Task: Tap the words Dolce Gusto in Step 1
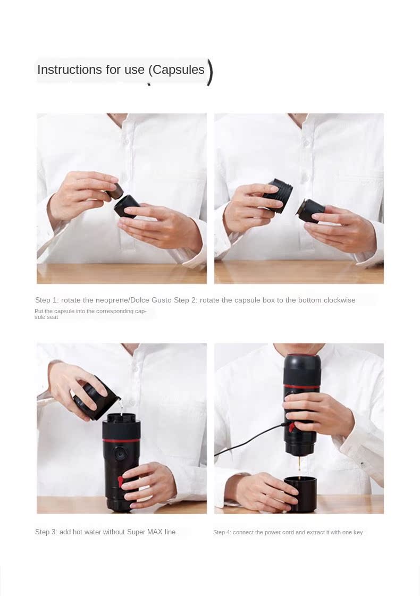pyautogui.click(x=150, y=300)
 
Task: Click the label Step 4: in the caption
pyautogui.click(x=222, y=533)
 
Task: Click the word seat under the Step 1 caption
pyautogui.click(x=52, y=317)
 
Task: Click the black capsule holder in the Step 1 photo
pyautogui.click(x=127, y=206)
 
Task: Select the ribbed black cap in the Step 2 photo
pyautogui.click(x=278, y=195)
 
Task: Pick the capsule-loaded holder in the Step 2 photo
pyautogui.click(x=310, y=211)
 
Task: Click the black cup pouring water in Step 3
pyautogui.click(x=96, y=397)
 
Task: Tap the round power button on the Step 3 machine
pyautogui.click(x=120, y=455)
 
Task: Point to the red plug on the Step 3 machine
pyautogui.click(x=121, y=481)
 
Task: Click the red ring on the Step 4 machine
pyautogui.click(x=302, y=387)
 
